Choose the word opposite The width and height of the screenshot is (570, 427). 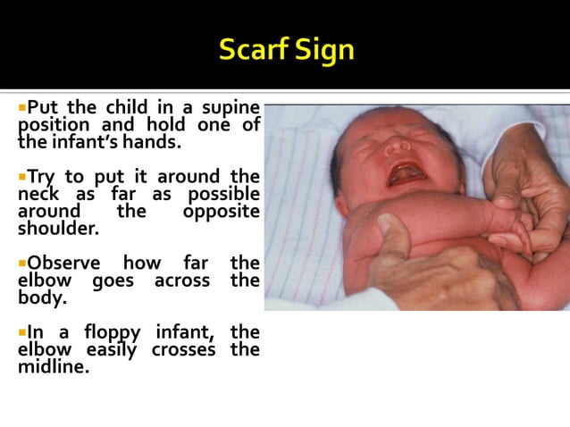pyautogui.click(x=221, y=211)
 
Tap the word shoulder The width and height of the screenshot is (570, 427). pyautogui.click(x=56, y=228)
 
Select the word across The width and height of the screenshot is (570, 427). pyautogui.click(x=181, y=280)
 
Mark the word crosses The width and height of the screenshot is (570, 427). pyautogui.click(x=183, y=349)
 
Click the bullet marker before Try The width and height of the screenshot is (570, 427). pyautogui.click(x=22, y=176)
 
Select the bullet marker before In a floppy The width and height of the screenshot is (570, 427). pyautogui.click(x=22, y=332)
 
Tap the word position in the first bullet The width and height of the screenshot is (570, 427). pyautogui.click(x=55, y=125)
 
